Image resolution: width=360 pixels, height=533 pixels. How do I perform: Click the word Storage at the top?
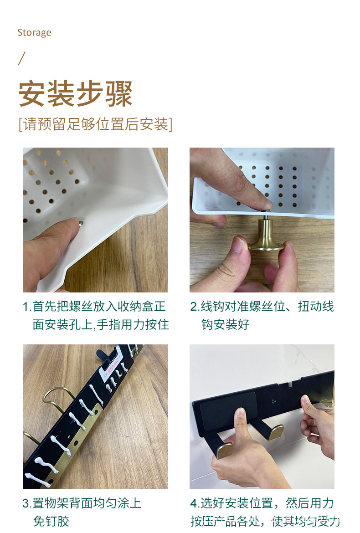[34, 32]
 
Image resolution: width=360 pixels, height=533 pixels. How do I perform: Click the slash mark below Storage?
[21, 59]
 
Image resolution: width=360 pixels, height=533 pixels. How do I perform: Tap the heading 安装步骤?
[75, 94]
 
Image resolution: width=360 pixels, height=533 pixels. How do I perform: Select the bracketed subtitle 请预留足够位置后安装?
[95, 124]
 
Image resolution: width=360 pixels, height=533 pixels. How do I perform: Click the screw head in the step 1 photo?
[80, 223]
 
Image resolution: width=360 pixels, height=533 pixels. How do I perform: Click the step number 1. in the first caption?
[27, 307]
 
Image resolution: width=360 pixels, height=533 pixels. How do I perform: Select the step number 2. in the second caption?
[195, 307]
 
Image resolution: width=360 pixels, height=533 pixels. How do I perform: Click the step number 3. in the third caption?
[27, 503]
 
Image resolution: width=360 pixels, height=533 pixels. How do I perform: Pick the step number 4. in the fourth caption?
[195, 503]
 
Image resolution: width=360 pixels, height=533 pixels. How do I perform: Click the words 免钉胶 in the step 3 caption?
[51, 521]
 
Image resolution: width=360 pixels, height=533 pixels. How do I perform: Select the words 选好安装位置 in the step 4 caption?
[237, 503]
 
